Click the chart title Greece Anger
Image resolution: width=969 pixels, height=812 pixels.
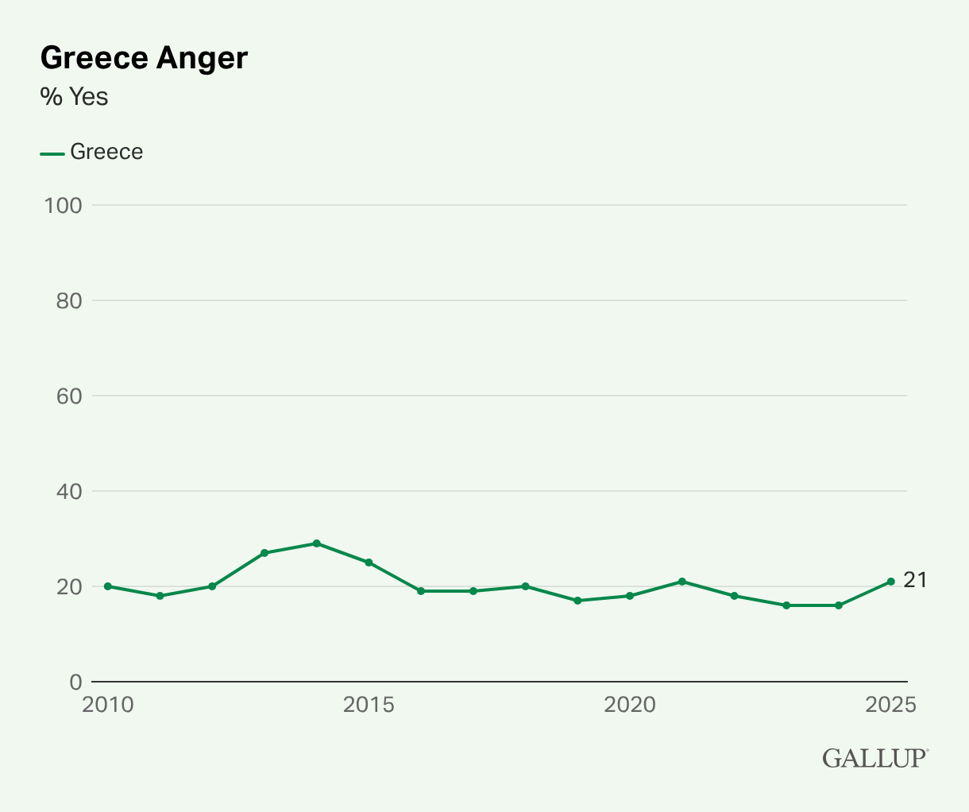click(x=144, y=59)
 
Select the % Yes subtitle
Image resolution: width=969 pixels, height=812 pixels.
click(x=74, y=97)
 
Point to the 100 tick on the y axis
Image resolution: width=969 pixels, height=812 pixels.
click(x=64, y=205)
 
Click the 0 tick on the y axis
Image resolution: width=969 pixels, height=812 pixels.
click(x=75, y=682)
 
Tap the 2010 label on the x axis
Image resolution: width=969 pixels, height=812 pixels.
click(x=108, y=705)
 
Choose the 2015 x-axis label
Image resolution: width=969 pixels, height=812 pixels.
click(x=369, y=705)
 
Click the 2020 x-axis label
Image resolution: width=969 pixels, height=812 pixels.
click(x=630, y=705)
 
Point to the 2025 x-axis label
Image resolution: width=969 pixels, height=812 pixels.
click(x=890, y=705)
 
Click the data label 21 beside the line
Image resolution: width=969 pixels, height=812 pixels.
click(x=915, y=581)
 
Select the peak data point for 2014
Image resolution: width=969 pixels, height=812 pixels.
click(x=317, y=543)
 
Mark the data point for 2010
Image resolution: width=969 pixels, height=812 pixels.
click(x=108, y=586)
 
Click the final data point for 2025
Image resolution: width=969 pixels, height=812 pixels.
click(x=891, y=582)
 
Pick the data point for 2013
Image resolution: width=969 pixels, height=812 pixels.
click(x=264, y=553)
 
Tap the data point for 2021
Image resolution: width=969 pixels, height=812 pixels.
click(x=682, y=582)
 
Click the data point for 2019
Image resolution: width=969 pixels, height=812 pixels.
click(x=577, y=601)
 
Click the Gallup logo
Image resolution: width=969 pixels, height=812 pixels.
click(x=874, y=758)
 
